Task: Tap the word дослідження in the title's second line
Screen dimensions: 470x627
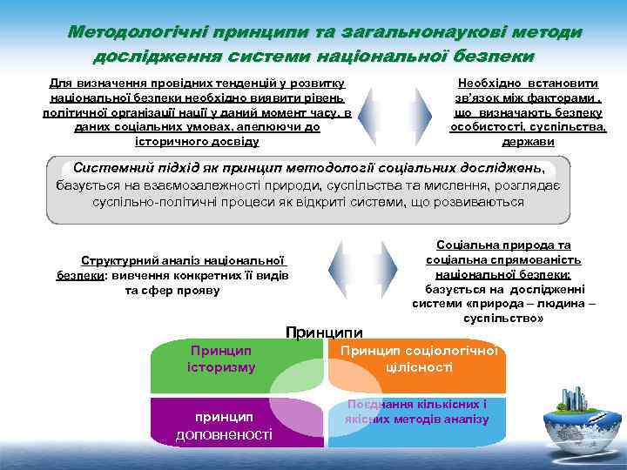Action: pyautogui.click(x=158, y=55)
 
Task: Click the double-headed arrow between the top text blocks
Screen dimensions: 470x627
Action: pyautogui.click(x=395, y=112)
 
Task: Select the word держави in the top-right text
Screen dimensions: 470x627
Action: pyautogui.click(x=528, y=142)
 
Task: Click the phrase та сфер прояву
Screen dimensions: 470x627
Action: pyautogui.click(x=172, y=290)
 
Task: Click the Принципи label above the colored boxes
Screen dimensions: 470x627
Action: pyautogui.click(x=324, y=331)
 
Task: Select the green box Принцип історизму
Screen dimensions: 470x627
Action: pyautogui.click(x=221, y=359)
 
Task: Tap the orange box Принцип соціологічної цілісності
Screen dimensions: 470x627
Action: pyautogui.click(x=418, y=359)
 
